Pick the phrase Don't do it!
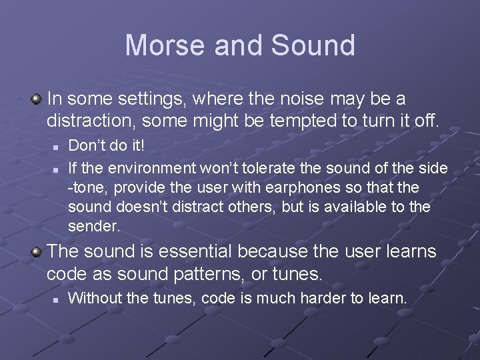[106, 145]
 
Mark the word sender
[94, 227]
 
